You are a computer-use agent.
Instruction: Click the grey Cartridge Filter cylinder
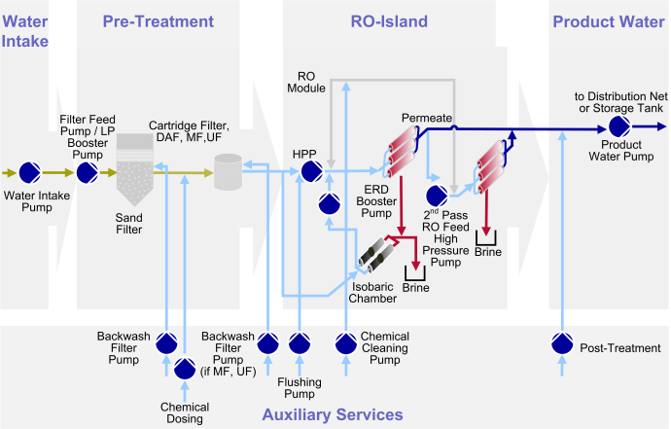click(x=229, y=172)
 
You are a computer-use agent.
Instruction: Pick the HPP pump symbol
click(x=311, y=172)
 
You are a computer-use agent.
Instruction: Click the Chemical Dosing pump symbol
click(x=184, y=369)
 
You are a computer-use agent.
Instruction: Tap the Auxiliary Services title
click(x=332, y=414)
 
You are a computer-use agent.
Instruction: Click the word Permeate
click(x=428, y=118)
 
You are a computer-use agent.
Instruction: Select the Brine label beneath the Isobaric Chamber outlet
click(x=415, y=289)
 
